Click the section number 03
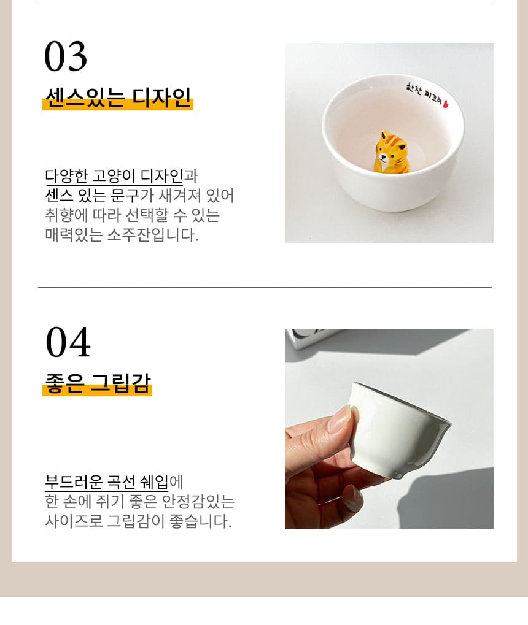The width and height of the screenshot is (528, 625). coord(66,56)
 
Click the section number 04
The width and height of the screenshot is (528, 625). coord(68,342)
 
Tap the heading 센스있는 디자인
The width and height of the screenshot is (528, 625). coord(118,98)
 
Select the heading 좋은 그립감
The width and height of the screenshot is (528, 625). coord(98,383)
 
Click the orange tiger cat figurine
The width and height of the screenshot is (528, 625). coord(391,152)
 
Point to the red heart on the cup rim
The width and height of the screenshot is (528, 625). coord(446,104)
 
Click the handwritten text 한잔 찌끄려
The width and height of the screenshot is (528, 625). coord(424,94)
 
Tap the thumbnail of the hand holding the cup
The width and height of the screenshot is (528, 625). coord(389,429)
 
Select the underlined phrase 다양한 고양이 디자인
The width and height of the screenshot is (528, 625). coord(114,176)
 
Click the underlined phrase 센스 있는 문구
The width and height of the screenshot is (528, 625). coord(92,195)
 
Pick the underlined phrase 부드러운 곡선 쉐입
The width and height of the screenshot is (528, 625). coord(107,481)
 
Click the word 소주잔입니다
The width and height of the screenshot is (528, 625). coord(153,234)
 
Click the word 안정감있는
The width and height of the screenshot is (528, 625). coord(198,501)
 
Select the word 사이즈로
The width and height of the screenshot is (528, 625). coord(74,521)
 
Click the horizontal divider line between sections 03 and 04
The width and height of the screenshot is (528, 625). coord(265,287)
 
